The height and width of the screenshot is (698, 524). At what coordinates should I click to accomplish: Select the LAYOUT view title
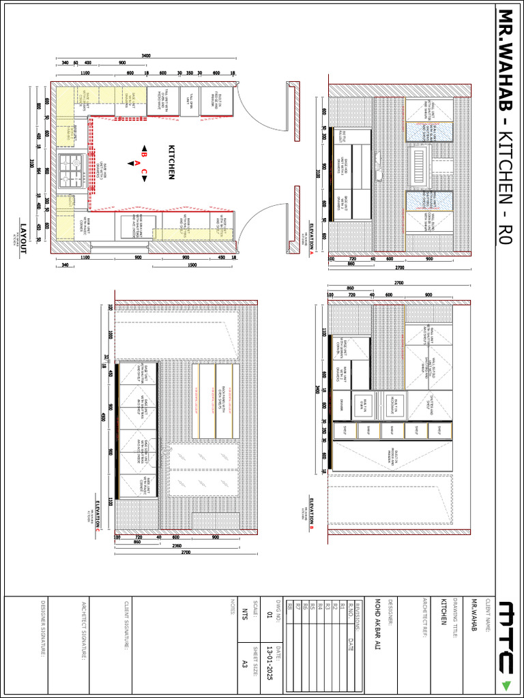(x=23, y=239)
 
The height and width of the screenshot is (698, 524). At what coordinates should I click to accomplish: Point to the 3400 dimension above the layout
(x=146, y=55)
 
